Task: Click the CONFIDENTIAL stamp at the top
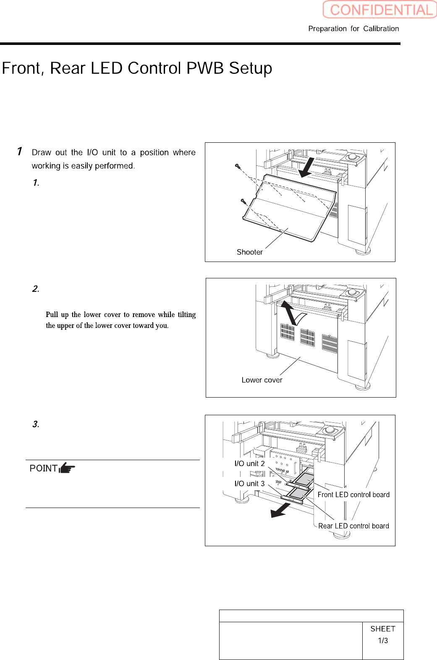tap(380, 10)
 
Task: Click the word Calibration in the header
tap(381, 29)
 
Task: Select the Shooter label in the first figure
tap(249, 252)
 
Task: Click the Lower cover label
tap(262, 380)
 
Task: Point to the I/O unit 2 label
tap(249, 464)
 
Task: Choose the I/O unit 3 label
tap(249, 484)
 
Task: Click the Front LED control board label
tap(353, 495)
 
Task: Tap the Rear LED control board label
tap(353, 526)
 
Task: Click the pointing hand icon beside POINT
tap(67, 468)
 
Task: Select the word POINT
tap(43, 469)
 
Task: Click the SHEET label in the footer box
tap(382, 629)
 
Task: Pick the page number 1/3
tap(383, 641)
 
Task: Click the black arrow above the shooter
tap(307, 167)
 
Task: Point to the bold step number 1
tap(20, 151)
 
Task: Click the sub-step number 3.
tap(36, 424)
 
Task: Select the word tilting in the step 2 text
tap(186, 314)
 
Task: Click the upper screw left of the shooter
tap(237, 166)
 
